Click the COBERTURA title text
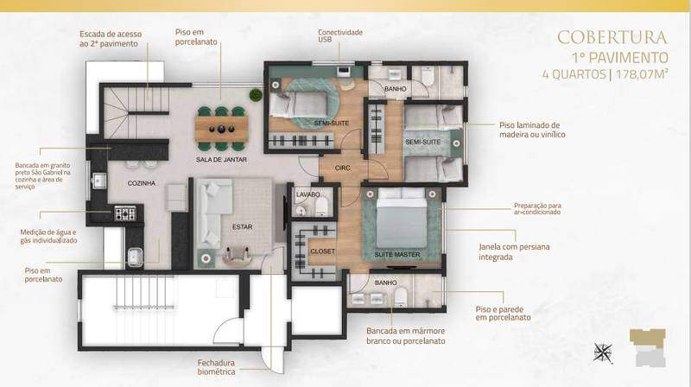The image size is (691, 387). pos(612,37)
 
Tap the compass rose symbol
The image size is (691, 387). pos(602,352)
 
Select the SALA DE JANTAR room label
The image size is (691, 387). pos(221,160)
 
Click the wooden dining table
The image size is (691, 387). pos(221,128)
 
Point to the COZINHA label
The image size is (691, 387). pos(142,183)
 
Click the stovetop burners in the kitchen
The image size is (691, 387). pos(125,213)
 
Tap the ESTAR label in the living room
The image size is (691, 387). pos(243,226)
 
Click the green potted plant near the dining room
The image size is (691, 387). pos(256,95)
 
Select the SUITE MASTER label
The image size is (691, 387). pos(397,254)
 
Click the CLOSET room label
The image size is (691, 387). pos(322,251)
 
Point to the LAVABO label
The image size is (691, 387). pos(308,194)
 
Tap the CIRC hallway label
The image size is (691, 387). pos(342,168)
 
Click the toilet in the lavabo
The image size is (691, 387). pos(321,206)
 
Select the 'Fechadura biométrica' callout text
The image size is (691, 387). pos(217,367)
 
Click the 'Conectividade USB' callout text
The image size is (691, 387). pos(340,35)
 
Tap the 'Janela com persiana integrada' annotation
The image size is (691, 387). pos(514,251)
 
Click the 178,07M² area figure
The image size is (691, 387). pos(642,73)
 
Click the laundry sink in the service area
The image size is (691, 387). pos(135,257)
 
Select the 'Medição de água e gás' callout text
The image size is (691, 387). pos(48,236)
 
